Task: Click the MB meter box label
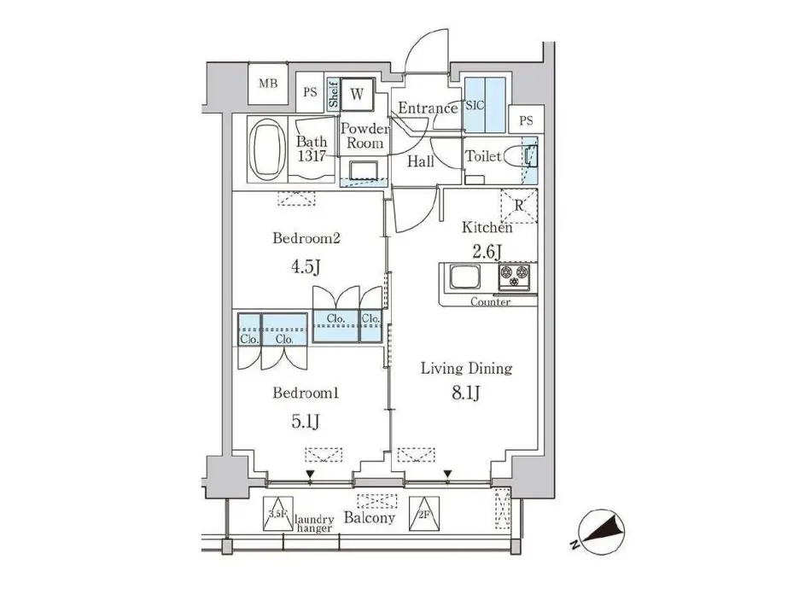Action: (268, 83)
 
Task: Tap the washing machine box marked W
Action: (357, 94)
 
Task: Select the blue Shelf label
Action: (333, 94)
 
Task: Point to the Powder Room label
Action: (365, 136)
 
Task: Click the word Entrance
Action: (428, 108)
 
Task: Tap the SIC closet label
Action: (475, 106)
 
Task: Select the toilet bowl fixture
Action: (519, 156)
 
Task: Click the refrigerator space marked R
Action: (519, 206)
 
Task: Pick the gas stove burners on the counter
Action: (514, 277)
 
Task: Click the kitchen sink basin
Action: (464, 277)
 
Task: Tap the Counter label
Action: (490, 302)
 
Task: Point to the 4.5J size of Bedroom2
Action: (306, 265)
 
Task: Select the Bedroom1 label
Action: (306, 393)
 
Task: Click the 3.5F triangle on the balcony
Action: (277, 514)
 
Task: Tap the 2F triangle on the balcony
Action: (424, 514)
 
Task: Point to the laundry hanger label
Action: (315, 524)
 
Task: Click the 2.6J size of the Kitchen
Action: (487, 252)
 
